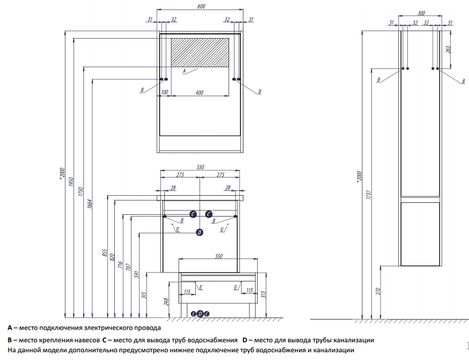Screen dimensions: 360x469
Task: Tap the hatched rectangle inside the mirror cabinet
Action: coord(200,52)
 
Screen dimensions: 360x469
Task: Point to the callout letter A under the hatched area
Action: coord(185,71)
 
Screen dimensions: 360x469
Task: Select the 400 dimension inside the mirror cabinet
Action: coord(199,92)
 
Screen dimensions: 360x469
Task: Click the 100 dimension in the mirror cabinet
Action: coord(165,92)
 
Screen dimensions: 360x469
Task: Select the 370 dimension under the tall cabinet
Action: coord(376,292)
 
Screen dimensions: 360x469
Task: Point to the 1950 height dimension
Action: coord(71,182)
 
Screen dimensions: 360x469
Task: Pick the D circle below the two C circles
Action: coord(200,233)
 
